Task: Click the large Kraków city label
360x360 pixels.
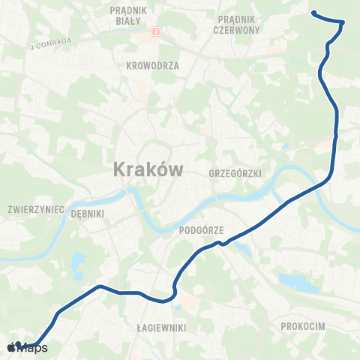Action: point(148,169)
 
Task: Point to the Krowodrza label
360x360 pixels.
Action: point(153,65)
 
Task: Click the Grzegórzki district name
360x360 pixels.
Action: point(236,173)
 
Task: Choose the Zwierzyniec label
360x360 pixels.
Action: point(35,209)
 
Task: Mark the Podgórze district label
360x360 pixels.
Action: point(203,231)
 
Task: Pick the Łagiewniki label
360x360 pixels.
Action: point(161,328)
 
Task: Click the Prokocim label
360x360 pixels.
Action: point(302,327)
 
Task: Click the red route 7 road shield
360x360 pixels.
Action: point(156,32)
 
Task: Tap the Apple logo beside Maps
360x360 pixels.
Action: point(10,347)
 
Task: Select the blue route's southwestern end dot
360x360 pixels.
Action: point(18,345)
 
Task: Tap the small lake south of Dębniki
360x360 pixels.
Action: point(79,262)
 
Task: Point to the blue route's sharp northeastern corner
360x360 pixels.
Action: point(342,22)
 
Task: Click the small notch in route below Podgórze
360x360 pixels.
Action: point(223,243)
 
